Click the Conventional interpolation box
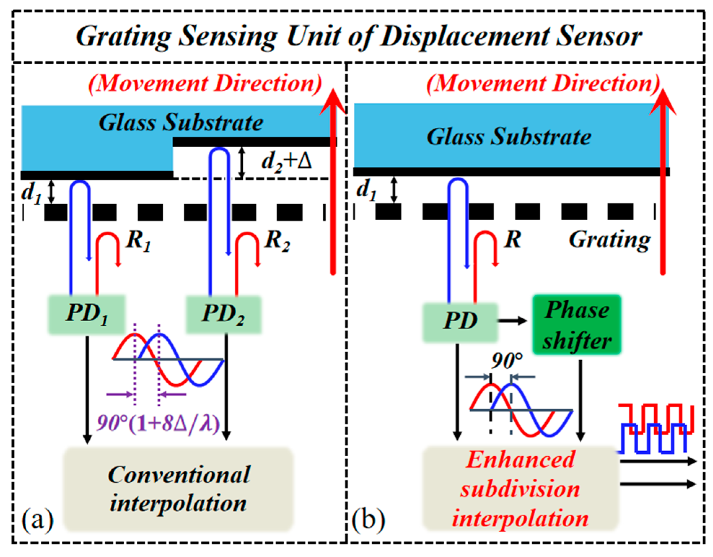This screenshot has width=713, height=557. click(x=178, y=489)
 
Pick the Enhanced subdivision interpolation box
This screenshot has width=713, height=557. click(x=520, y=489)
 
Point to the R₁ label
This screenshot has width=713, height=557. click(x=138, y=240)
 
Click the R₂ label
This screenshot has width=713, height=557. click(x=277, y=240)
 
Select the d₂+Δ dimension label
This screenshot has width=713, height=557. click(x=286, y=161)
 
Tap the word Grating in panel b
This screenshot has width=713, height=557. click(x=609, y=240)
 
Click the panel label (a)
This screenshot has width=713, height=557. click(x=38, y=520)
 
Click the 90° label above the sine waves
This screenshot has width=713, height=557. click(x=506, y=360)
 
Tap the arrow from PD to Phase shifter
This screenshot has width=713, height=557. click(x=512, y=320)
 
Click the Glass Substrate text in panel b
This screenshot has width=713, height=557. click(x=509, y=137)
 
